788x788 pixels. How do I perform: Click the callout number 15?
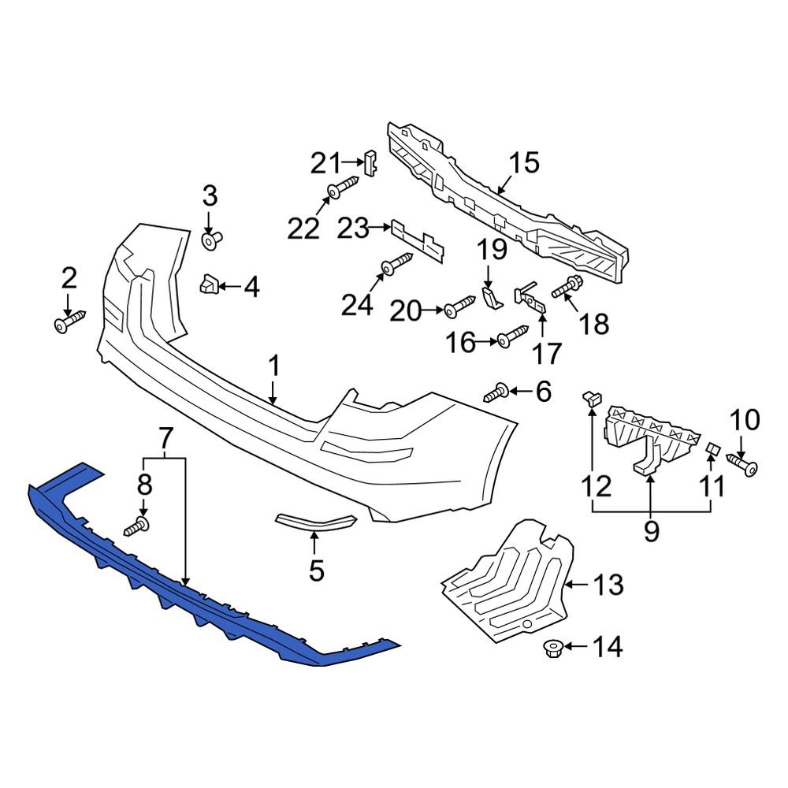coord(523,163)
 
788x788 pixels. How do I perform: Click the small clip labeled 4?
coord(208,285)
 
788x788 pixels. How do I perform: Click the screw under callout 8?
coord(136,526)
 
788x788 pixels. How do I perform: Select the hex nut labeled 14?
coord(552,649)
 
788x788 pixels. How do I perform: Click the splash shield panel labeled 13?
coord(504,583)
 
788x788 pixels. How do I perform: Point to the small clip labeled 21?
coord(371,162)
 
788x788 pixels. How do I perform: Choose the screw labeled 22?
coord(342,188)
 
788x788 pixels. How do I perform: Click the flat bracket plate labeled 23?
coord(417,240)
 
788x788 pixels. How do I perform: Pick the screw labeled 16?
coord(511,336)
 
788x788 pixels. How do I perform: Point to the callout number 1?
coord(273,366)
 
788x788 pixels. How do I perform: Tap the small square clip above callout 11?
coord(712,448)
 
